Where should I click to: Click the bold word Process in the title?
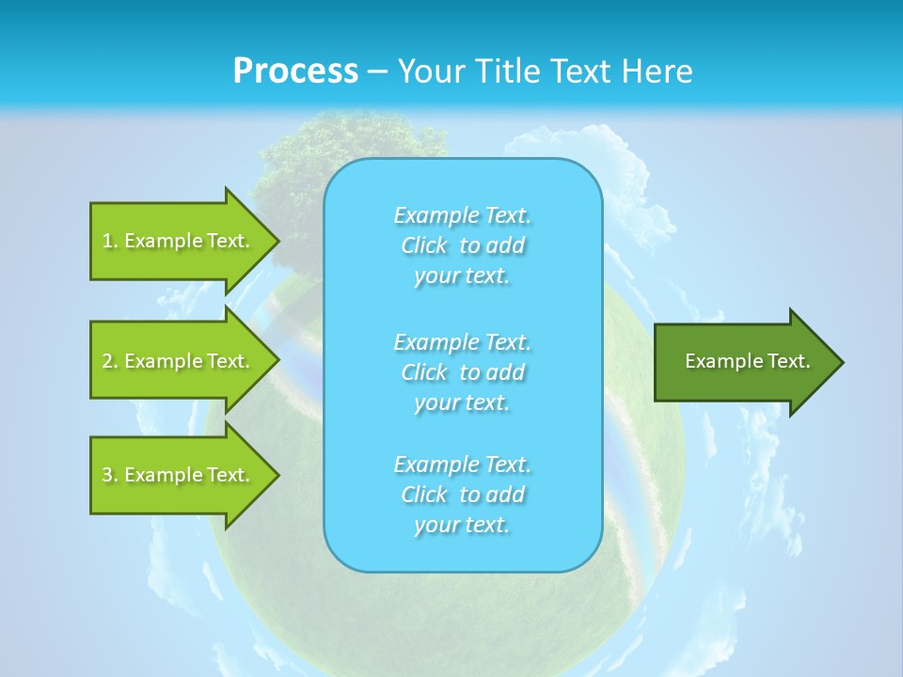(295, 71)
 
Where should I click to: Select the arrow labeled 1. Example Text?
(179, 241)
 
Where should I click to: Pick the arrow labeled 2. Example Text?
(179, 361)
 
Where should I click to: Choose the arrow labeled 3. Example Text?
(179, 475)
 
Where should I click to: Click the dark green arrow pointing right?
(743, 362)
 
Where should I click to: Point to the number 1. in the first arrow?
(109, 241)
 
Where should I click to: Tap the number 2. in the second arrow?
(109, 361)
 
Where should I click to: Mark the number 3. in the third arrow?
(109, 475)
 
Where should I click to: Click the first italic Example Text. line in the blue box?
(462, 215)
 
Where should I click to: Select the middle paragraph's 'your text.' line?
(462, 402)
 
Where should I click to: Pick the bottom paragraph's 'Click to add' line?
(462, 495)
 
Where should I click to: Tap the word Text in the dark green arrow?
(788, 361)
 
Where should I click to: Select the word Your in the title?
(431, 71)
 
